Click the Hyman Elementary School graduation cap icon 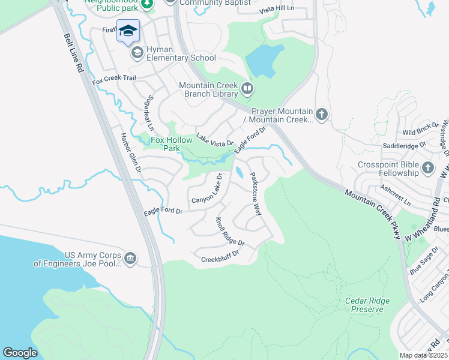[x=137, y=53]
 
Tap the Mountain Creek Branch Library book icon [x=247, y=89]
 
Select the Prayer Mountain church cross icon [x=322, y=114]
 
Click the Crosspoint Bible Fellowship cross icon [x=428, y=167]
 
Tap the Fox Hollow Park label [x=171, y=144]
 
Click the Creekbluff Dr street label [x=220, y=256]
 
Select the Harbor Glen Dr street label [x=130, y=153]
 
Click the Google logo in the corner [x=20, y=353]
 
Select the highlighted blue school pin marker [x=128, y=31]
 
